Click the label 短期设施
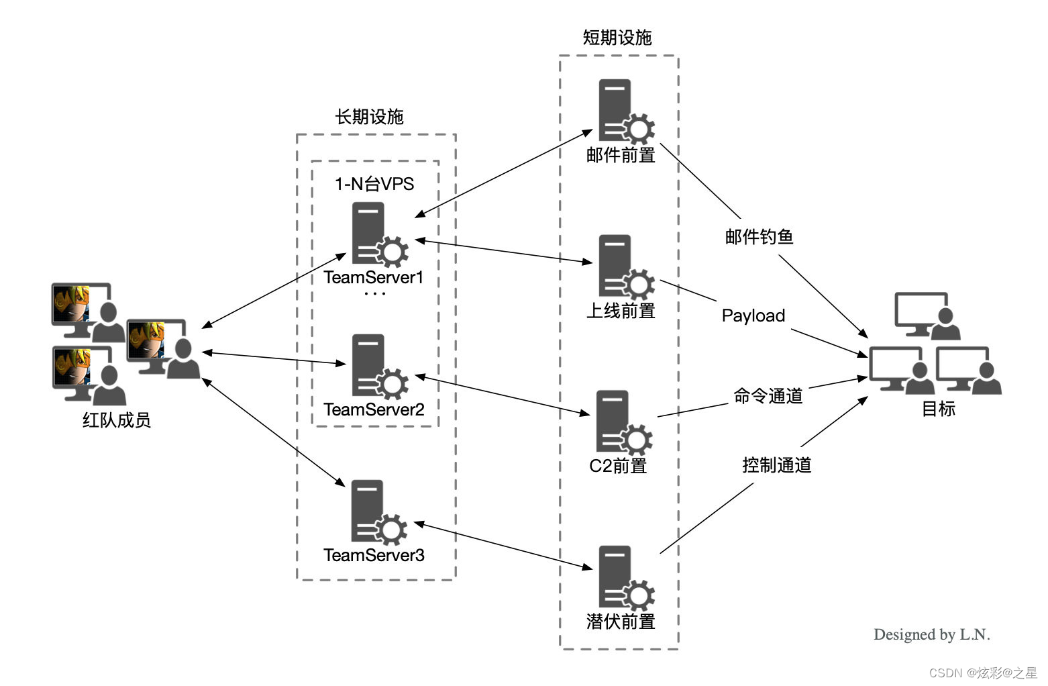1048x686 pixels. (617, 38)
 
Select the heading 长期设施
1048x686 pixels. (369, 117)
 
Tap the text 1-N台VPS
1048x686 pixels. (374, 184)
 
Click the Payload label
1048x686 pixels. (753, 315)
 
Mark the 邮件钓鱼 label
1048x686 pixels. (759, 237)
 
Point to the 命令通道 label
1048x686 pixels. (768, 396)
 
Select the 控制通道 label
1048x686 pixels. (776, 465)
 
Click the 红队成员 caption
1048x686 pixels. (116, 420)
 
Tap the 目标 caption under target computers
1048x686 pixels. (938, 409)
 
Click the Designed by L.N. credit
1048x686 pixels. (931, 634)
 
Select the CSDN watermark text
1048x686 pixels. (982, 673)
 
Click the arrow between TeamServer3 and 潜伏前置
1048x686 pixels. (503, 546)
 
